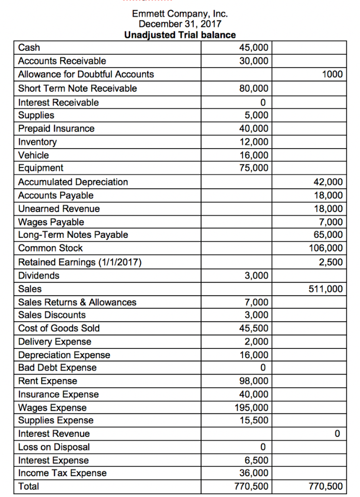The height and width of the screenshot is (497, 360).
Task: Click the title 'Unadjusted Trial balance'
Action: click(x=180, y=35)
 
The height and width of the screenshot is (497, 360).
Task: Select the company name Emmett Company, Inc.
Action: click(x=180, y=14)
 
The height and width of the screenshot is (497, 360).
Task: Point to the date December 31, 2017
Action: click(x=180, y=24)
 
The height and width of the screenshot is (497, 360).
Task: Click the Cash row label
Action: click(x=29, y=48)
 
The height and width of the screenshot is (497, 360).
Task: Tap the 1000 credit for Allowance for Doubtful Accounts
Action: click(x=332, y=75)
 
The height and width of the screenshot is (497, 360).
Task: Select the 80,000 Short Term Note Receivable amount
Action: click(x=254, y=89)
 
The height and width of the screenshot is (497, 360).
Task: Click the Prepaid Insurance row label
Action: click(x=56, y=129)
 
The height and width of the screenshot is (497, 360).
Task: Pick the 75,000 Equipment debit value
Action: click(x=254, y=168)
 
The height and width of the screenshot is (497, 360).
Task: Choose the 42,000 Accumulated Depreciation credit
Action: click(x=328, y=182)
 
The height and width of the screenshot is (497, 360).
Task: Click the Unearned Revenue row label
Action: click(x=59, y=209)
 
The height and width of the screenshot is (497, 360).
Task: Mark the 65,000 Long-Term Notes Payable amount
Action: click(x=328, y=235)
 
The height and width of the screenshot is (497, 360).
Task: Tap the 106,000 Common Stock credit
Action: click(x=326, y=248)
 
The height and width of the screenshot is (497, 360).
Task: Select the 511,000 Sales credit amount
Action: click(x=326, y=289)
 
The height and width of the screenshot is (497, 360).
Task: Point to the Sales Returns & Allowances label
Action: click(x=77, y=302)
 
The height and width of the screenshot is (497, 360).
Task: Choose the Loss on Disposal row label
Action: click(x=54, y=447)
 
